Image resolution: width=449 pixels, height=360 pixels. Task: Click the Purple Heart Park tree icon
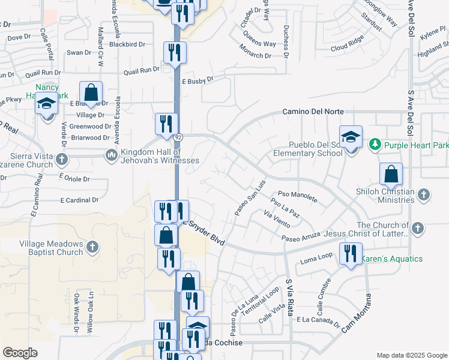click(375, 145)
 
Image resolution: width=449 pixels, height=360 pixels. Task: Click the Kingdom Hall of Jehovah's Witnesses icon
click(111, 155)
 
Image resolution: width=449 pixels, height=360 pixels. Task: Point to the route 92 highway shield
click(178, 138)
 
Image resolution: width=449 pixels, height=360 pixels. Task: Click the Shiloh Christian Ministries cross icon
click(423, 194)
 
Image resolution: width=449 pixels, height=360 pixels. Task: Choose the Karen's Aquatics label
click(391, 259)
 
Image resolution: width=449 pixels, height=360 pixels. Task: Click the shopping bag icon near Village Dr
click(91, 92)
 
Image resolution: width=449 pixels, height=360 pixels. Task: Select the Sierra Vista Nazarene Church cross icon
click(62, 160)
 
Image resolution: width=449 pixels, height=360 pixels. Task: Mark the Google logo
click(20, 352)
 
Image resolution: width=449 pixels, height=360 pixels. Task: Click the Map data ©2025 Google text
click(411, 355)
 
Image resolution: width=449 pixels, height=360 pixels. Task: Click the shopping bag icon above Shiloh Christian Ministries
click(391, 174)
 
